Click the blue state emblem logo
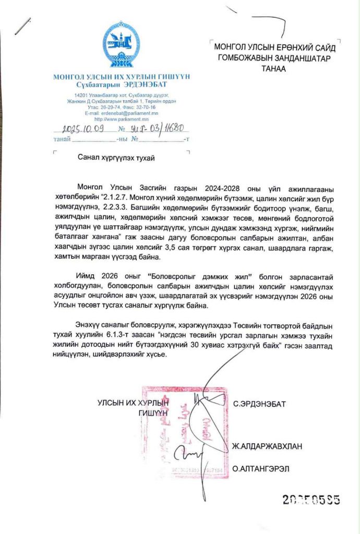pyautogui.click(x=122, y=45)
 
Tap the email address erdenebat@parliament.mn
pyautogui.click(x=128, y=113)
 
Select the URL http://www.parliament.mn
pyautogui.click(x=122, y=119)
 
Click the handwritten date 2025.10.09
pyautogui.click(x=82, y=128)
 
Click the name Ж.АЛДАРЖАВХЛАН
pyautogui.click(x=268, y=446)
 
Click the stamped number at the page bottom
pyautogui.click(x=311, y=500)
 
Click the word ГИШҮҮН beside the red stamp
pyautogui.click(x=154, y=412)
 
